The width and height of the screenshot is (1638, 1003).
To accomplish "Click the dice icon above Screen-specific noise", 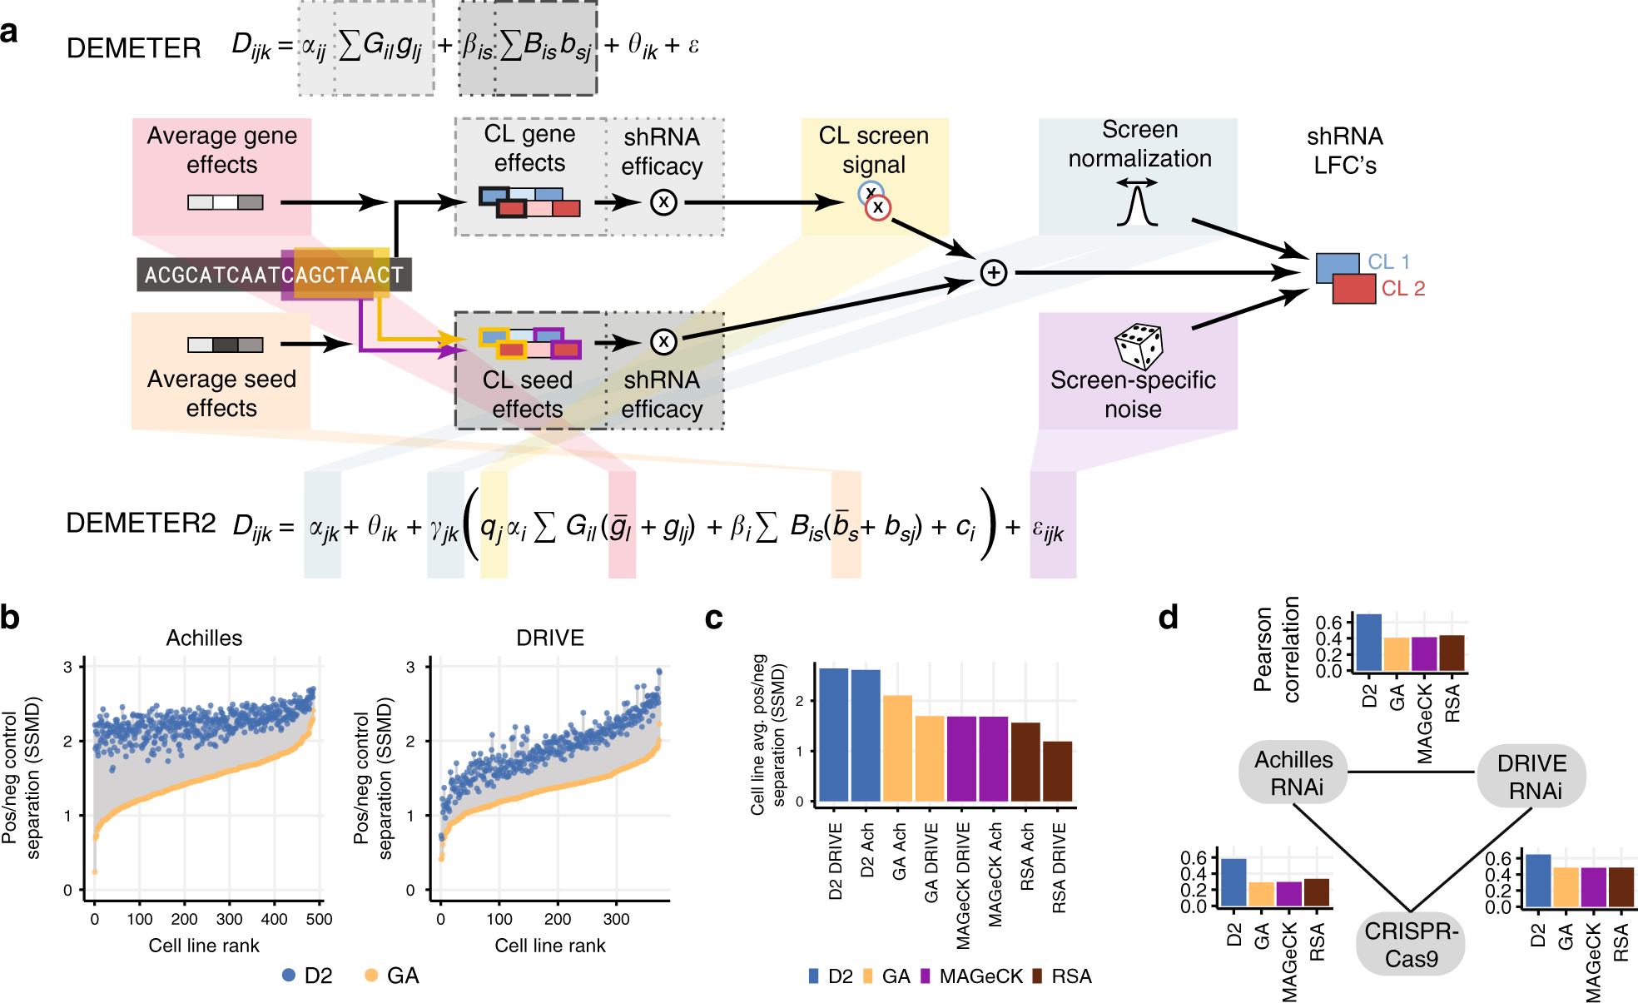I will (1139, 345).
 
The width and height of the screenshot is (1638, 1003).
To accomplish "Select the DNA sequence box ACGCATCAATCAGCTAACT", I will (274, 275).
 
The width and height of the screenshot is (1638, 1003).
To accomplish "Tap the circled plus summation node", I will (993, 273).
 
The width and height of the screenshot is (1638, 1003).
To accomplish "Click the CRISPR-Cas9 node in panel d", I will (1411, 944).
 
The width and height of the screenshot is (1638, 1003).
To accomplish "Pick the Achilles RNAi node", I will (1293, 772).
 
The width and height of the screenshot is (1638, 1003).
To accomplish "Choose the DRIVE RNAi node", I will (1531, 776).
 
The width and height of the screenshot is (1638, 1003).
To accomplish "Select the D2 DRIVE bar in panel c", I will (834, 734).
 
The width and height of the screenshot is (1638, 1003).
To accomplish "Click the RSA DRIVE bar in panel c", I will (1057, 771).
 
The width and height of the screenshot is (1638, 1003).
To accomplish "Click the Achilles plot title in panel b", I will (204, 638).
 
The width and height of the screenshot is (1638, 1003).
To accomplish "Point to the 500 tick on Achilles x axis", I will (319, 919).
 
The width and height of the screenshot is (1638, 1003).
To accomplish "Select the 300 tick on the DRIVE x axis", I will (616, 919).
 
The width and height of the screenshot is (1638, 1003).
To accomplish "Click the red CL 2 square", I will (1353, 288).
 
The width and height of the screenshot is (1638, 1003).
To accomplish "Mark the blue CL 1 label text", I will (1388, 261).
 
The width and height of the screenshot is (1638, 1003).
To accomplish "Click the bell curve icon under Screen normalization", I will (1137, 204).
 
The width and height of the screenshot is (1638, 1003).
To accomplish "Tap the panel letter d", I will (1169, 617).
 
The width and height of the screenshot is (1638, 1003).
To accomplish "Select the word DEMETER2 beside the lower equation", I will (141, 523).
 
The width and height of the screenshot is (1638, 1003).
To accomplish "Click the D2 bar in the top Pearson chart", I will (1369, 642).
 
